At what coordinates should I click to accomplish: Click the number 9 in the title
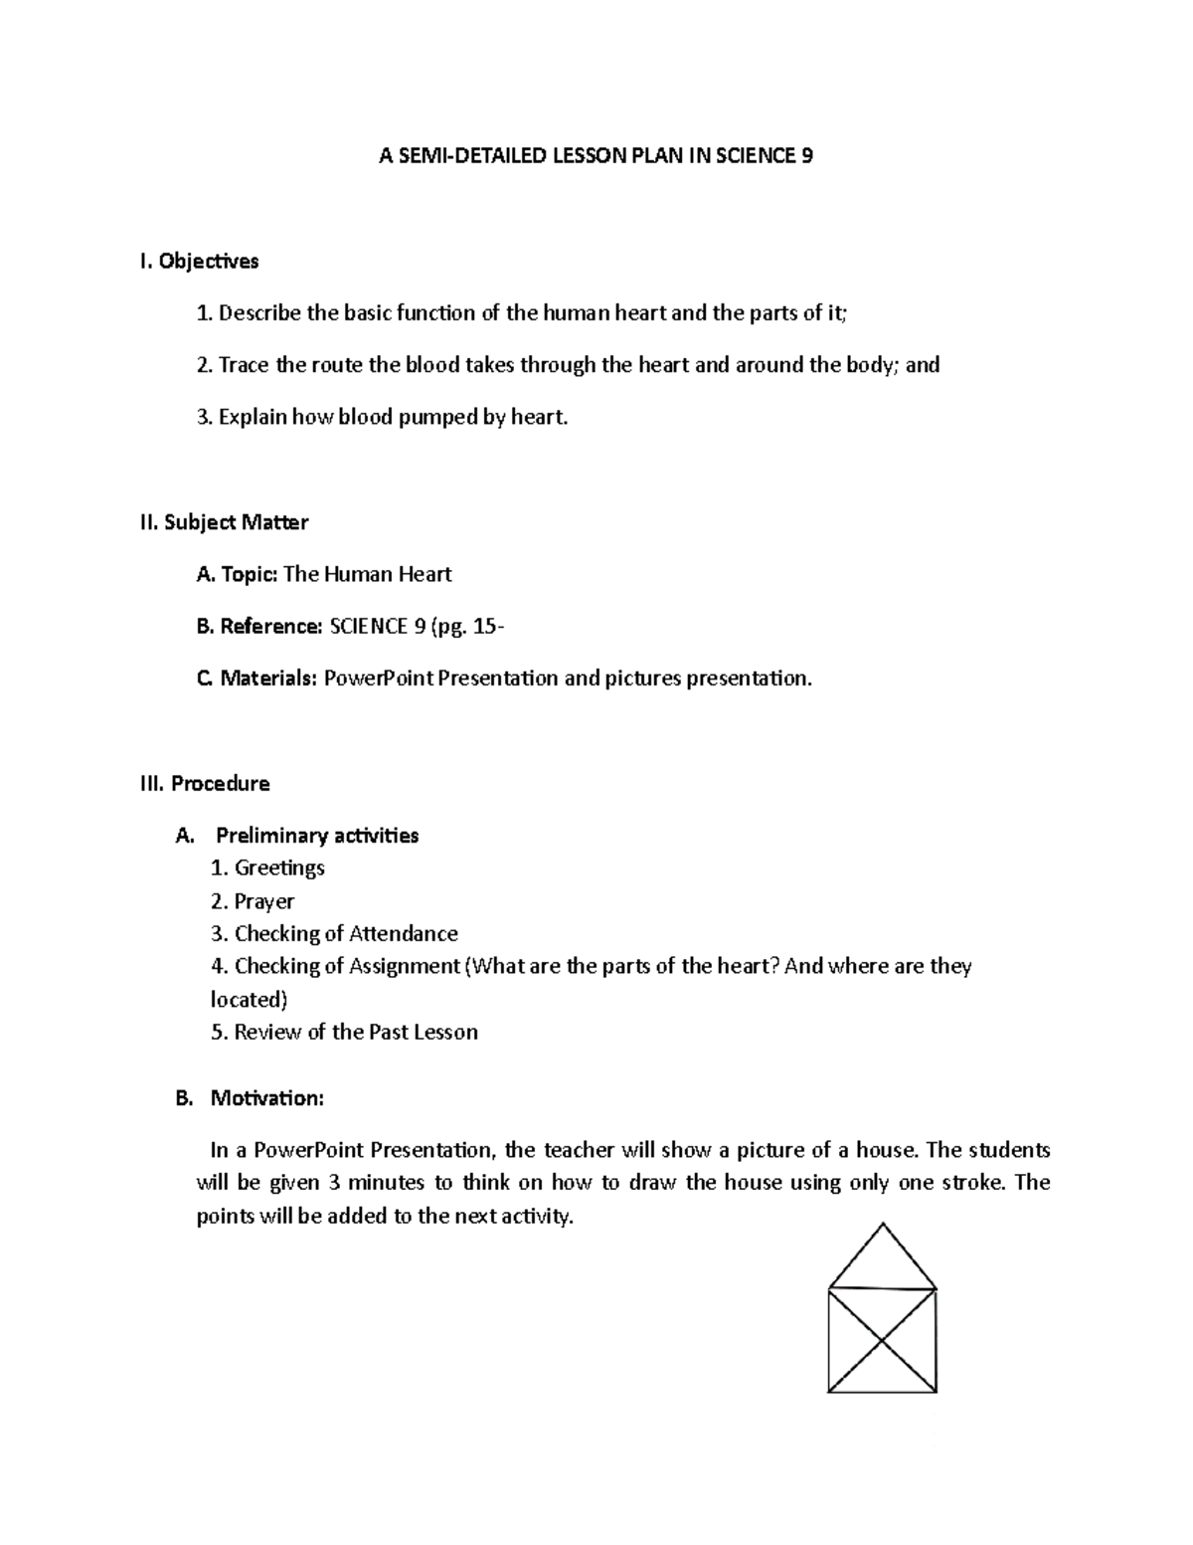(806, 156)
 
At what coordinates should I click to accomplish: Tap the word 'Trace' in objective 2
(244, 365)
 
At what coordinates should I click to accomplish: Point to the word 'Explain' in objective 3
(252, 418)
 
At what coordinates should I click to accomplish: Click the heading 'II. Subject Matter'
(224, 522)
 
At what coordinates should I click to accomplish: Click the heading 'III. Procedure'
(205, 784)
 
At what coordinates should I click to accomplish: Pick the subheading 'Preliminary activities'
(317, 836)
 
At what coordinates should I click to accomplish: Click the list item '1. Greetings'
(267, 868)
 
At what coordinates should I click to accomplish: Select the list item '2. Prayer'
(253, 901)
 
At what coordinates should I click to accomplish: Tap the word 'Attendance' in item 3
(404, 933)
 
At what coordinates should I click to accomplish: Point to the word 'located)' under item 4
(249, 999)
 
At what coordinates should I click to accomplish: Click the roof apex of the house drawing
(882, 1225)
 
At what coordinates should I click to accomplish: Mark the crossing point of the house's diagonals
(883, 1341)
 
